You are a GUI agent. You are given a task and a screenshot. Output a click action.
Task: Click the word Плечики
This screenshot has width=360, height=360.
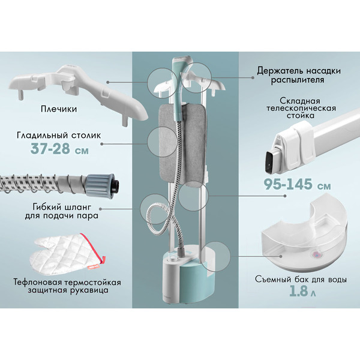59,109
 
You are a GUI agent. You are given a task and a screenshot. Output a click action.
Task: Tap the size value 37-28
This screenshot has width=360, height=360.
50,149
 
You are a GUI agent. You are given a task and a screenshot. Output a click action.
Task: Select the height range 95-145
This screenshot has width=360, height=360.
288,184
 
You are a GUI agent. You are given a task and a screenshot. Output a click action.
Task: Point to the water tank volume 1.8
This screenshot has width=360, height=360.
298,291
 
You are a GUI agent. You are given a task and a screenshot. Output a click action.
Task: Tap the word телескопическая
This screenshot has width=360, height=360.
301,108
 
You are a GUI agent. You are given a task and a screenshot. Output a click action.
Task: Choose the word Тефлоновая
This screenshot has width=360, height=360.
38,282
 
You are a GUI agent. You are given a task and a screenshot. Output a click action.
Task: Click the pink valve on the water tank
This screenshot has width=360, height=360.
315,254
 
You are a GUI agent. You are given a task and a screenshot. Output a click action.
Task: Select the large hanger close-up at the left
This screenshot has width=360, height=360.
78,94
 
